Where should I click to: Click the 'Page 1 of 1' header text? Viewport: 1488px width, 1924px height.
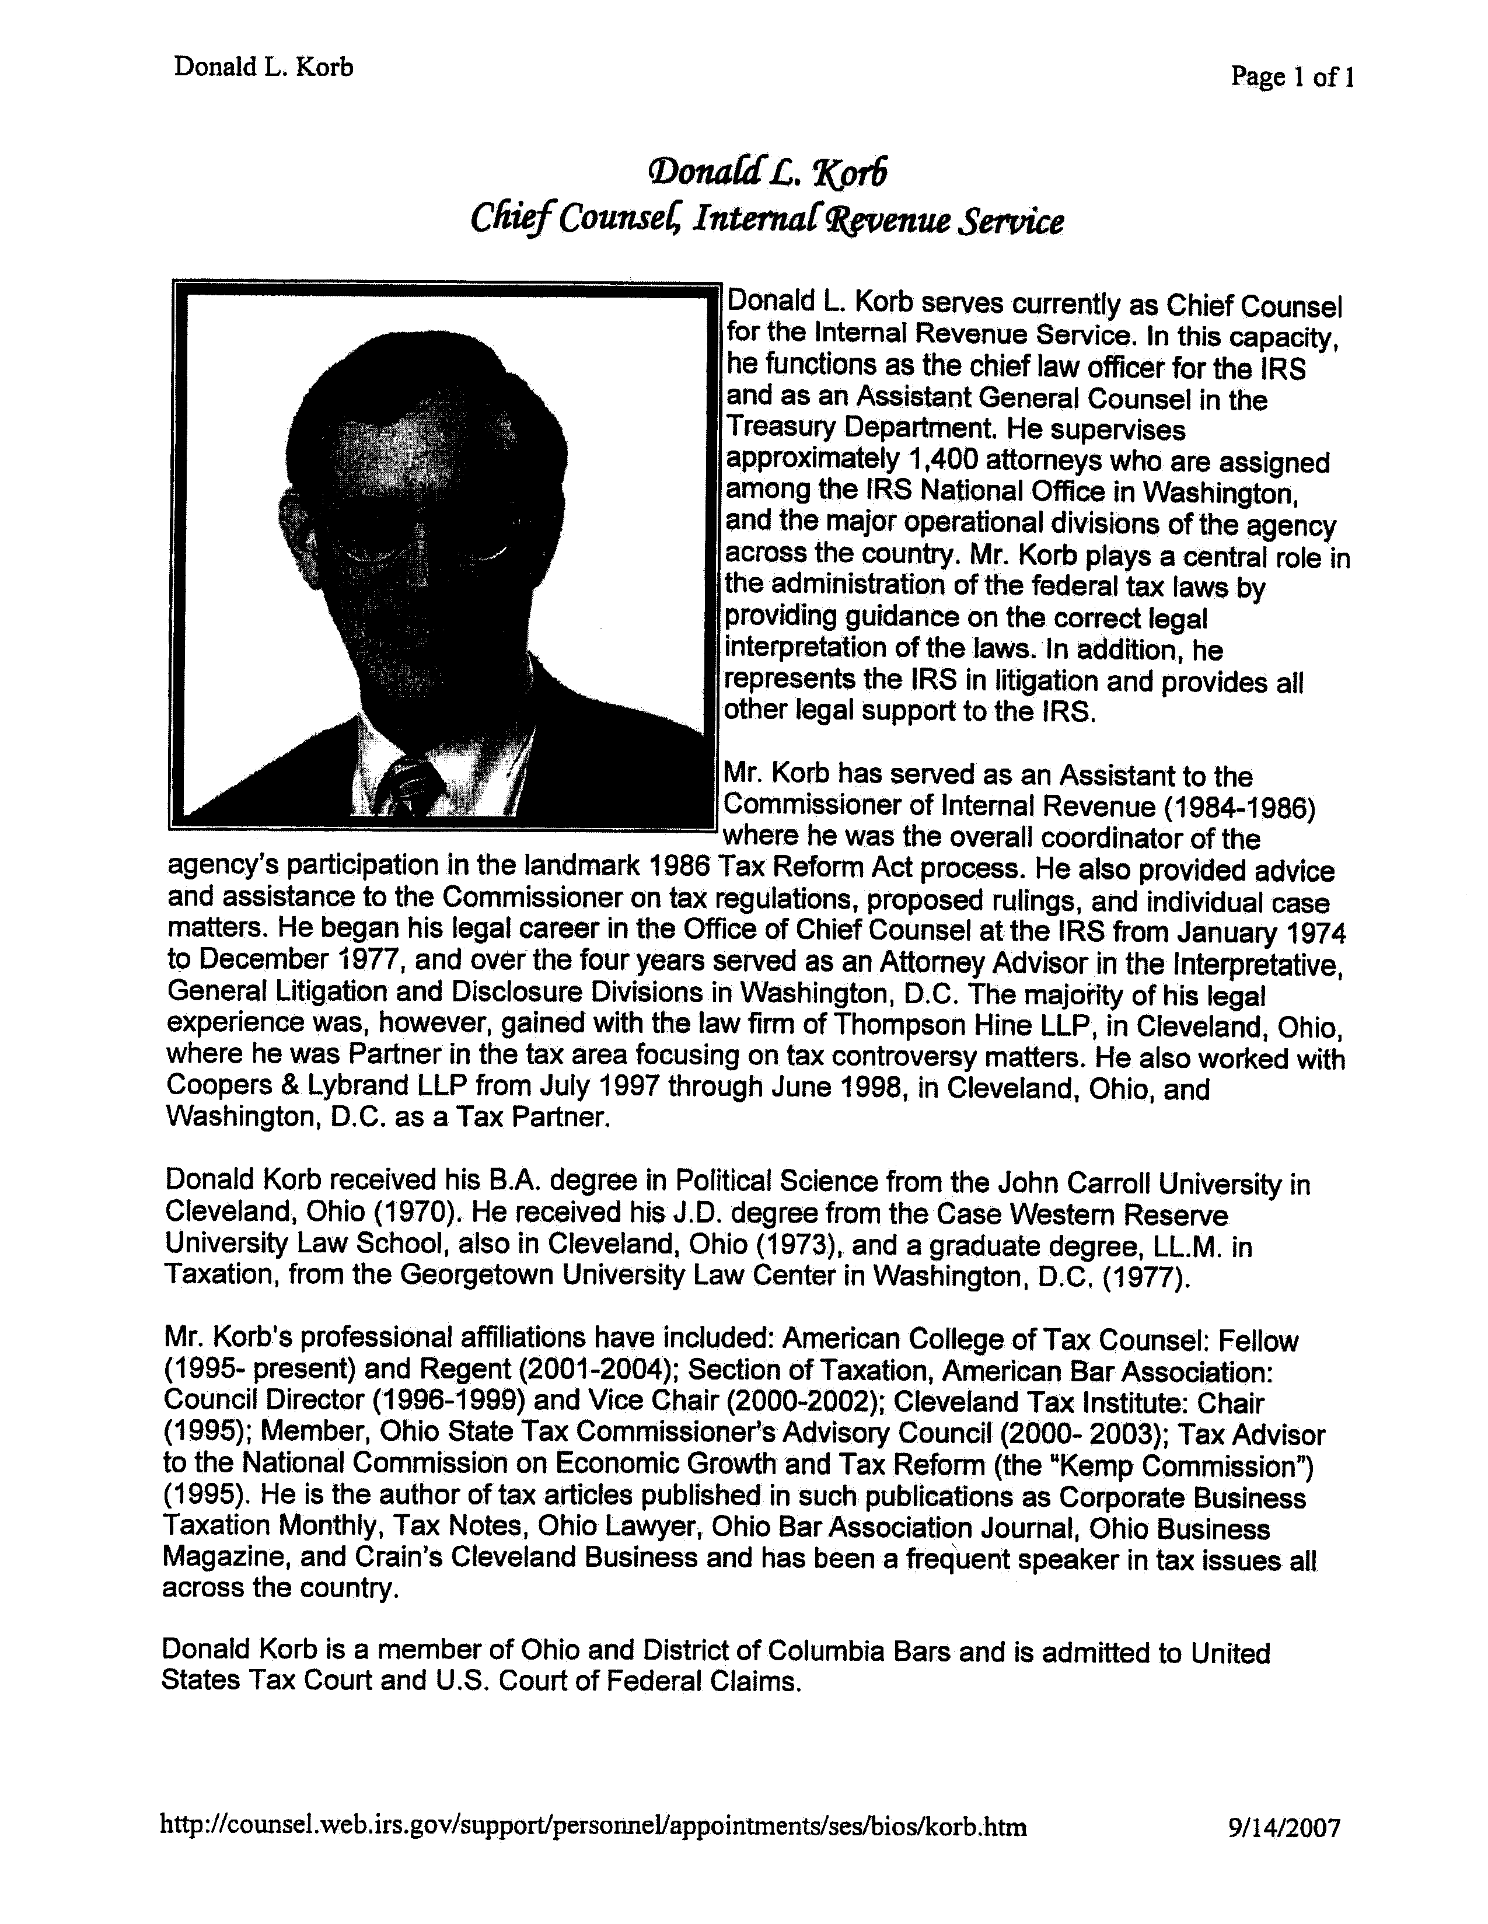1291,78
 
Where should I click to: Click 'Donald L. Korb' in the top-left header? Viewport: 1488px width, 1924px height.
263,66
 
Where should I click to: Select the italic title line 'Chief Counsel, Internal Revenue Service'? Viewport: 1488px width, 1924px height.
766,219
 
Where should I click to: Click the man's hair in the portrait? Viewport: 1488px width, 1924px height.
414,387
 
